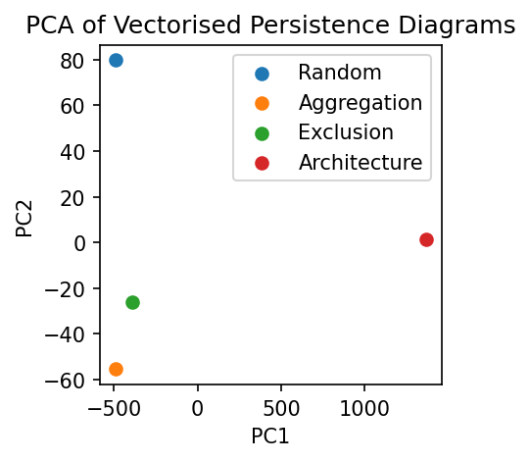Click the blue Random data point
(x=116, y=60)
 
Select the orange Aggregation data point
(x=116, y=369)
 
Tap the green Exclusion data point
(x=132, y=302)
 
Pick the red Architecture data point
(x=426, y=239)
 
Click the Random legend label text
(x=340, y=72)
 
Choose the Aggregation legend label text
(x=361, y=102)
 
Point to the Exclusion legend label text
(x=346, y=132)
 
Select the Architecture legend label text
(x=361, y=163)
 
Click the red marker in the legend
(x=261, y=163)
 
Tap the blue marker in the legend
(x=261, y=72)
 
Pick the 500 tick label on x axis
(x=281, y=405)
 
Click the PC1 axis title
(x=269, y=435)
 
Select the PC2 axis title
(x=25, y=217)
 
